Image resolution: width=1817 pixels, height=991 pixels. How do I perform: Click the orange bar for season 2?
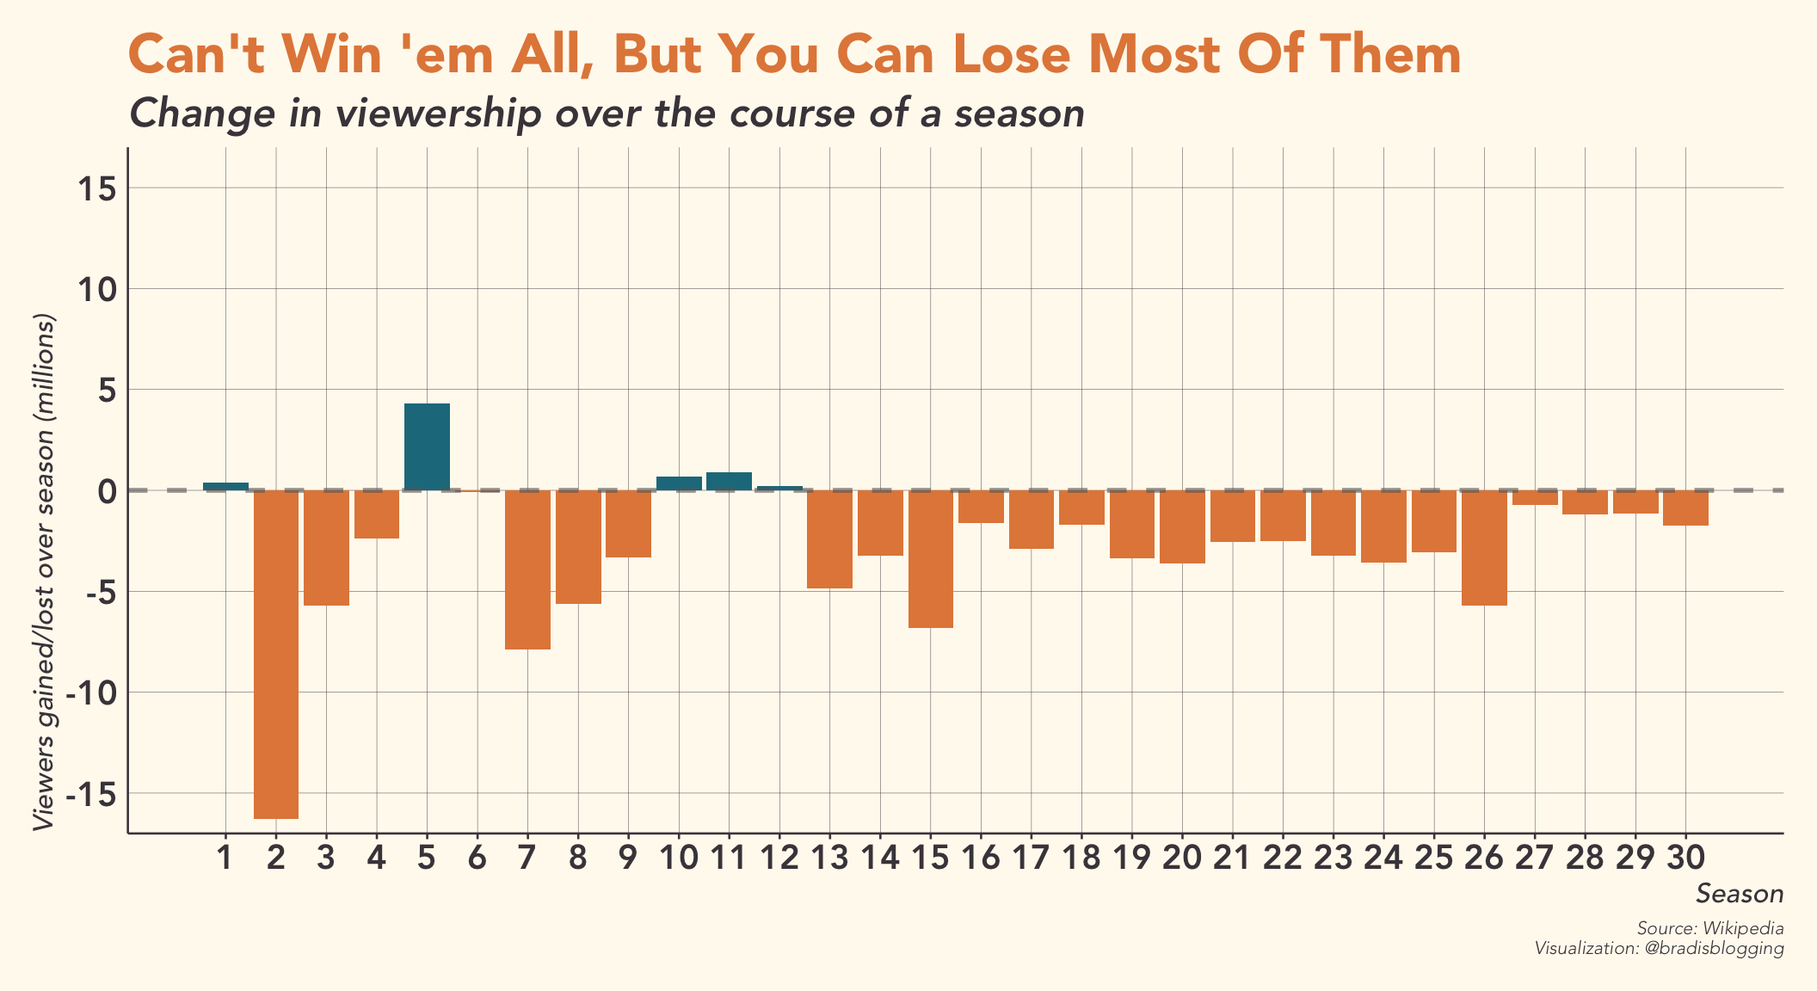click(x=275, y=654)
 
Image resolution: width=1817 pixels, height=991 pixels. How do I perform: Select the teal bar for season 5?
click(x=427, y=446)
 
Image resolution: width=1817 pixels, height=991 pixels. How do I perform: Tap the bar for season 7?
click(x=527, y=569)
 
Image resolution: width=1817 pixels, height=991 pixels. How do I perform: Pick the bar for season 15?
click(x=930, y=559)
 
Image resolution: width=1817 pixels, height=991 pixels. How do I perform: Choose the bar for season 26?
click(x=1484, y=548)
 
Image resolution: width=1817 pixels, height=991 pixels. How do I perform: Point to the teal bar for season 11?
click(x=729, y=481)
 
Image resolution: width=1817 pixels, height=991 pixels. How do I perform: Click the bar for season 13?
click(x=829, y=539)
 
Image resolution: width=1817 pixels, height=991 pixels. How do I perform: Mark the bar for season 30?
click(x=1685, y=508)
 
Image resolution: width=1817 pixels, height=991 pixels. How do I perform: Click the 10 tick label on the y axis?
click(x=97, y=290)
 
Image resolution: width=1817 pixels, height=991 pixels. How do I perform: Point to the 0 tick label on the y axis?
click(x=107, y=491)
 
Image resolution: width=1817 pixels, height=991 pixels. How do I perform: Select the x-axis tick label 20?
click(x=1182, y=859)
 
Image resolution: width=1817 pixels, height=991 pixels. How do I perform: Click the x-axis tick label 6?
click(x=477, y=859)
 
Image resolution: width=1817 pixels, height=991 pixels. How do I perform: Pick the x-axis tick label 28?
click(x=1585, y=859)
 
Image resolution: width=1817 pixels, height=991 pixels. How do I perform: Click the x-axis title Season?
click(x=1740, y=894)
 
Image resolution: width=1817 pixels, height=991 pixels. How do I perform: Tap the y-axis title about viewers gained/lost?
click(x=44, y=572)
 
